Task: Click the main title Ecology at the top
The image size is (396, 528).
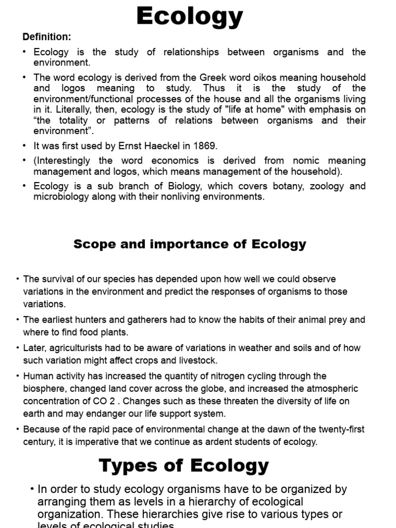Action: point(189,16)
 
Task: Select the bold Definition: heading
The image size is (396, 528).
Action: point(46,37)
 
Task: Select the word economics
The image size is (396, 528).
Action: point(180,161)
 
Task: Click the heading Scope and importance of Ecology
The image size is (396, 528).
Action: point(190,244)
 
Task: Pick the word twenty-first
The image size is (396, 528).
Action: point(340,430)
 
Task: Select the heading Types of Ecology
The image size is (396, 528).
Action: point(184,465)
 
